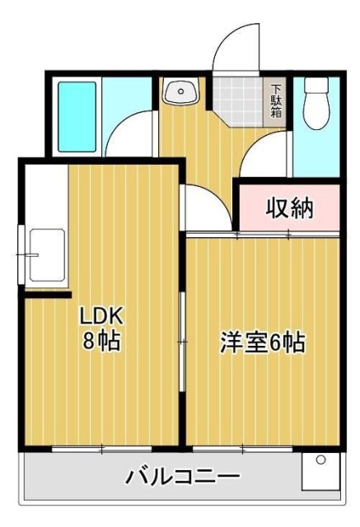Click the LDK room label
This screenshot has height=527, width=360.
(x=101, y=315)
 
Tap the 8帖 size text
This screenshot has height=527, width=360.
(x=101, y=340)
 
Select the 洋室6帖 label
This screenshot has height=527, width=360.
(x=263, y=342)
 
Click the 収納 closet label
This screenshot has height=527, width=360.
(x=288, y=209)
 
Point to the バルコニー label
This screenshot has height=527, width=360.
(x=183, y=477)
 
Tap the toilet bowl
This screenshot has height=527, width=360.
(x=316, y=106)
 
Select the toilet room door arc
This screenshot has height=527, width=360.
(x=268, y=152)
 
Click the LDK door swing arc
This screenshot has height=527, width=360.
(x=202, y=210)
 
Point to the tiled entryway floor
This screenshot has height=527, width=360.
(x=239, y=99)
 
